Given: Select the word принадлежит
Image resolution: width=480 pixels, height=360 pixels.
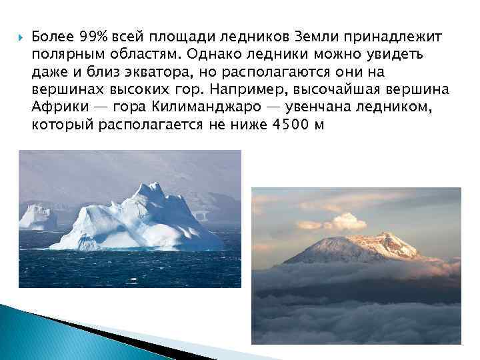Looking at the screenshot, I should coord(393,35).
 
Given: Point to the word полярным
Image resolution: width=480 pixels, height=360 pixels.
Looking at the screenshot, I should coord(67,53).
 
